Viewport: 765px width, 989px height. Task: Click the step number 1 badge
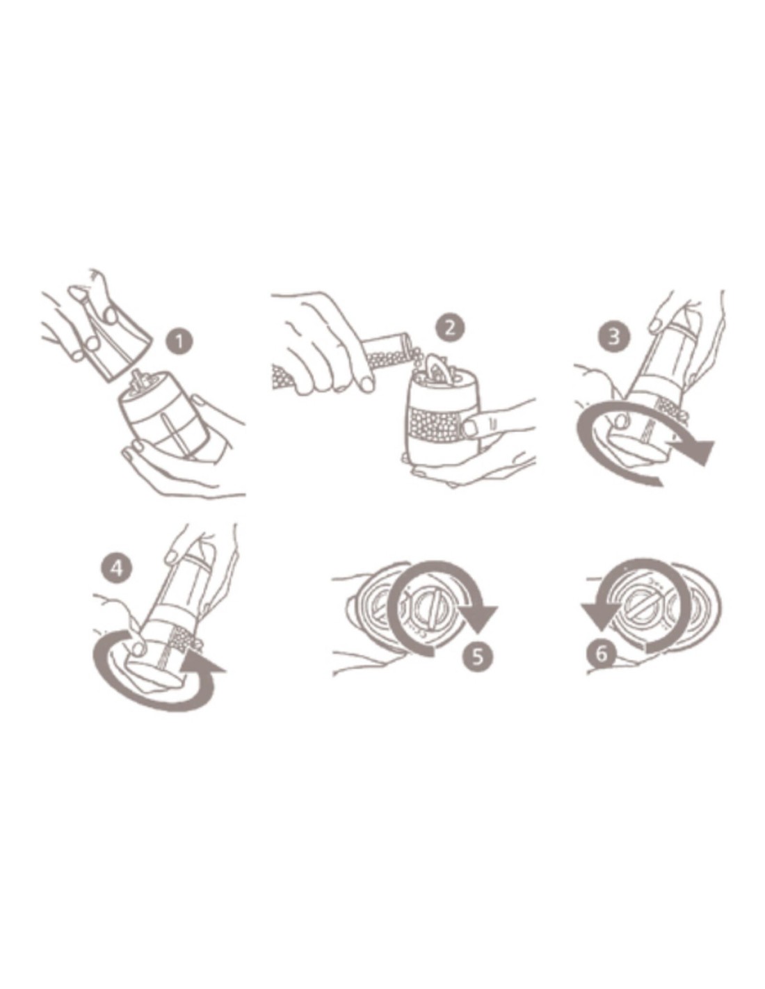pos(179,341)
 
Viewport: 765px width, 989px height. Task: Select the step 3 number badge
pos(613,337)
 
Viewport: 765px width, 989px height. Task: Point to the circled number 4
pos(117,568)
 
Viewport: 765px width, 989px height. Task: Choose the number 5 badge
pos(477,656)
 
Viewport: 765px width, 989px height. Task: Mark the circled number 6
pos(602,654)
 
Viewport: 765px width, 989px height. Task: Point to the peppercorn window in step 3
pos(668,405)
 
